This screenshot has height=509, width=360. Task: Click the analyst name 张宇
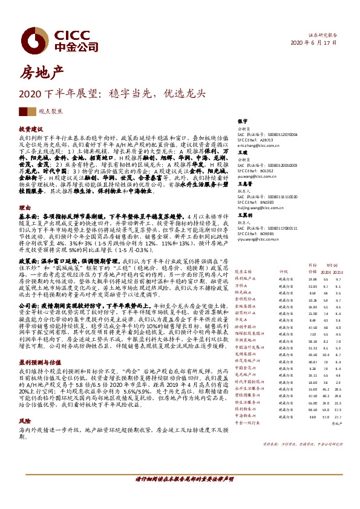[243, 122]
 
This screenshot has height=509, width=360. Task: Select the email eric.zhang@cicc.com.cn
[258, 145]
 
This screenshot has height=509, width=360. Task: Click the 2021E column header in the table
[338, 273]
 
